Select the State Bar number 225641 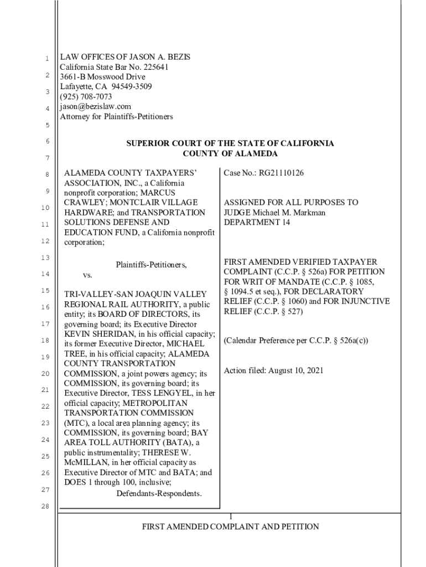(152, 66)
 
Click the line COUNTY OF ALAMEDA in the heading (230, 153)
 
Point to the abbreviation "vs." (87, 275)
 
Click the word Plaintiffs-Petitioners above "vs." (151, 265)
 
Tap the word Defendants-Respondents (159, 493)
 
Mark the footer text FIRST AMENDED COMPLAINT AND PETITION (230, 527)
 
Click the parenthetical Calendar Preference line (295, 341)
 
